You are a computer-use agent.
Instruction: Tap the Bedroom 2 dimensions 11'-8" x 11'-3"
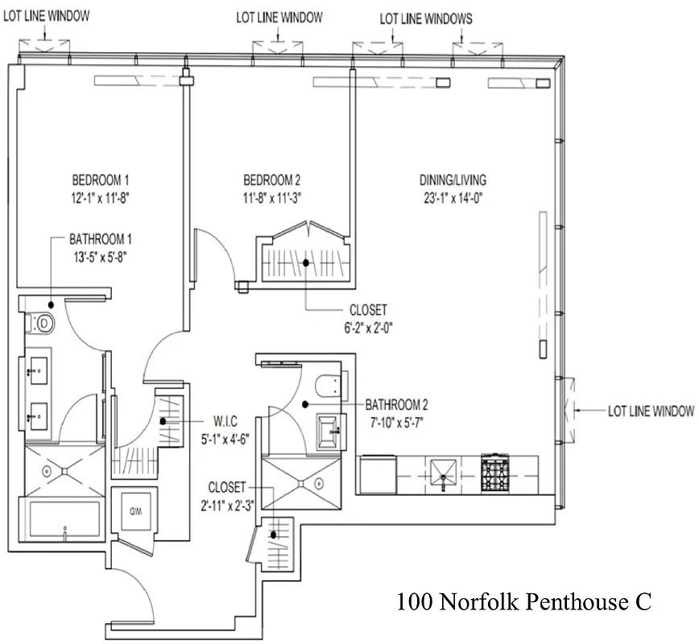tap(272, 196)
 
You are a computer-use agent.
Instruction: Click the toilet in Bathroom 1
tap(44, 324)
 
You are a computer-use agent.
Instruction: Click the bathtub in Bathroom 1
tap(64, 521)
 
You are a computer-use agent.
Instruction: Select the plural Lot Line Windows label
tap(426, 19)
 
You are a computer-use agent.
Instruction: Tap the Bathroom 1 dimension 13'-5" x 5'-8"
tap(99, 258)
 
